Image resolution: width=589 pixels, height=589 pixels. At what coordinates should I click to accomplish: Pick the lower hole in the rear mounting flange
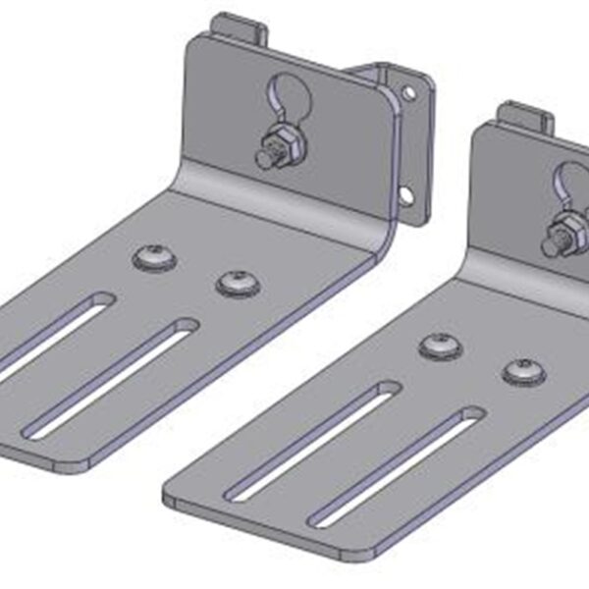(404, 193)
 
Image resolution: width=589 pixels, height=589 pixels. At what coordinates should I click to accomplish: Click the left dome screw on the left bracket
(154, 258)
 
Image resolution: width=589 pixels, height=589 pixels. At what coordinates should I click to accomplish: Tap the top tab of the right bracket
(524, 118)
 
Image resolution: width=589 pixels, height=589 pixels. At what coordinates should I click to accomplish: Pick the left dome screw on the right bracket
(439, 346)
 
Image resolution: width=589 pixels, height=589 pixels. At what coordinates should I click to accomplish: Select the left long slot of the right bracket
(313, 441)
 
